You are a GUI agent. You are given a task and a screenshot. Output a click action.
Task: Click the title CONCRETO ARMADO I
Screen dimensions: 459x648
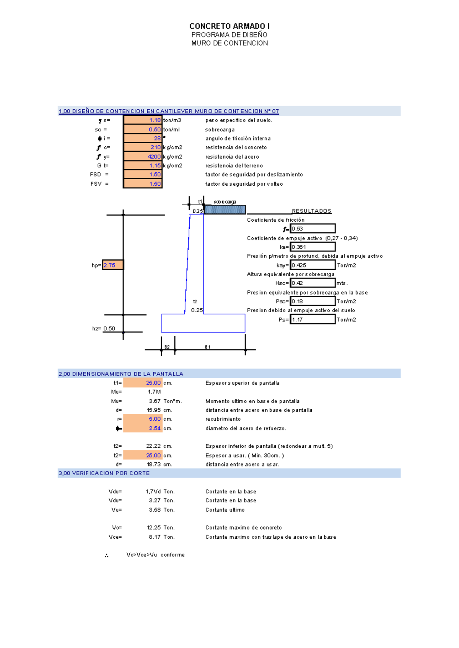click(x=229, y=26)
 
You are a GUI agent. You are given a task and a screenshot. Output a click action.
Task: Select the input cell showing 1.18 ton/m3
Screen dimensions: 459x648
click(x=142, y=120)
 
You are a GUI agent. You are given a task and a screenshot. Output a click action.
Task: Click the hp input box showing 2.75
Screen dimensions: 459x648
click(x=113, y=265)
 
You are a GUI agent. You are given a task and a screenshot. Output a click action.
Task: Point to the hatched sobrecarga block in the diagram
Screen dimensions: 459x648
click(x=225, y=209)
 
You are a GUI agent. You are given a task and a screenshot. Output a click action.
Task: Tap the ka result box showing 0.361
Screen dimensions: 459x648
click(x=313, y=247)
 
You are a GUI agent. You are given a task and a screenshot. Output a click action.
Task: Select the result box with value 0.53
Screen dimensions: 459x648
click(x=313, y=228)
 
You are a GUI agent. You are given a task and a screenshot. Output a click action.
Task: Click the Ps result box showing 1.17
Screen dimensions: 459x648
click(x=313, y=319)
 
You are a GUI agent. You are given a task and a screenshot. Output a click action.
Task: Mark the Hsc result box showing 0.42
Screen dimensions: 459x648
click(x=313, y=283)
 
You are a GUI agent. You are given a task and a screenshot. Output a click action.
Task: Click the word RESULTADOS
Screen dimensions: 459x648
click(x=312, y=211)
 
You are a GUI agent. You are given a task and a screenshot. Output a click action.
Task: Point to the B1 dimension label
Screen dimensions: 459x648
click(x=208, y=347)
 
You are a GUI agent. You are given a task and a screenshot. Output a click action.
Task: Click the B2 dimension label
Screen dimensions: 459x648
click(x=167, y=347)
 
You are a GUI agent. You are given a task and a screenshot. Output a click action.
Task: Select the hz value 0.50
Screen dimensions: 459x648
click(x=109, y=329)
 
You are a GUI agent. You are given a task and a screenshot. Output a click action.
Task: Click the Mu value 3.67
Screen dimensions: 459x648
click(x=155, y=401)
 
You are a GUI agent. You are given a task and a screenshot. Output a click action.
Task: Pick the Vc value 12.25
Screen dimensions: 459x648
click(x=153, y=527)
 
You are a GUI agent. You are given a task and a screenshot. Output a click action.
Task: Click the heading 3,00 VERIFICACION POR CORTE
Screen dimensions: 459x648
click(x=104, y=473)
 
